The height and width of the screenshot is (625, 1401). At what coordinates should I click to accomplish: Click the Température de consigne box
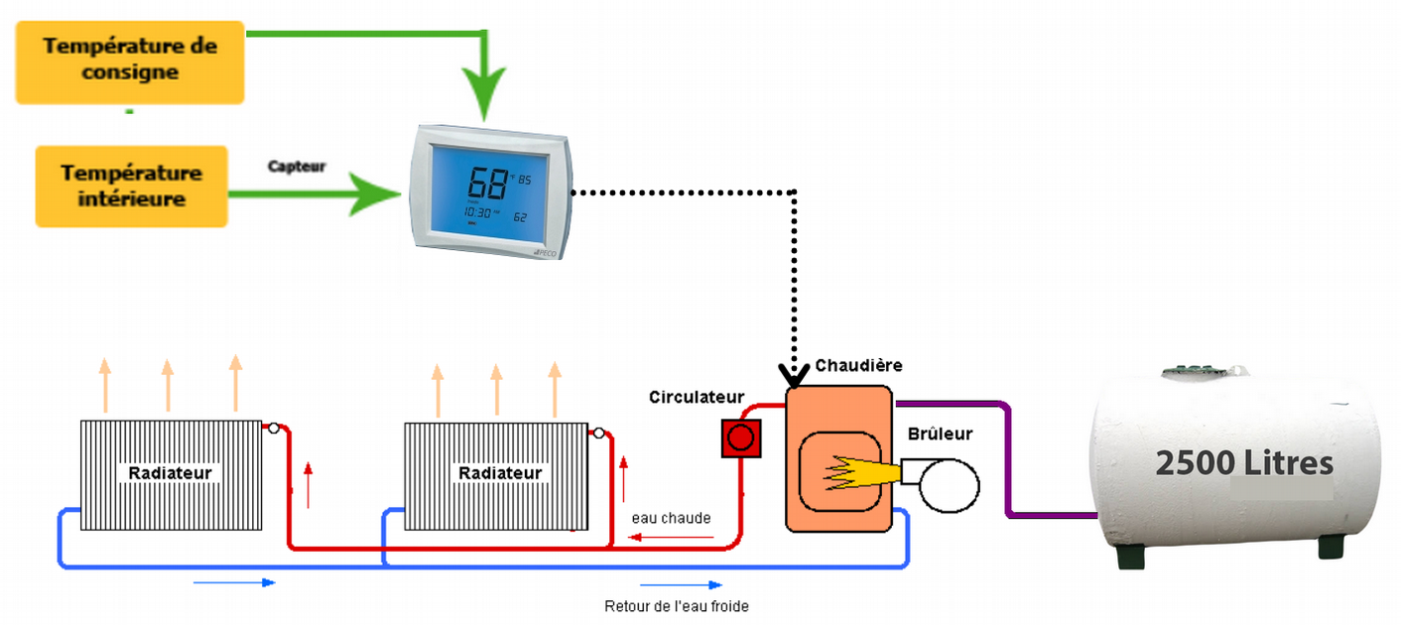point(129,61)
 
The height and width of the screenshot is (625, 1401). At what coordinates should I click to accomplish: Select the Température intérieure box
point(131,186)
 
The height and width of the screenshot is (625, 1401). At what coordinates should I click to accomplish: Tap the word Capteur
point(296,167)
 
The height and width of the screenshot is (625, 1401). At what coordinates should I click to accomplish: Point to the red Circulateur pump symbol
point(739,437)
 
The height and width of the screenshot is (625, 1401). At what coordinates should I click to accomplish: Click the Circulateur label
point(697,397)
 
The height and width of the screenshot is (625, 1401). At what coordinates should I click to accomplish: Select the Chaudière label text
point(858,365)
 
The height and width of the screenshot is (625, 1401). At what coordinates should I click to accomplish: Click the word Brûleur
point(940,434)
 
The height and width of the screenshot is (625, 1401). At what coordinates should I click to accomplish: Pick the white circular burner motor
point(949,485)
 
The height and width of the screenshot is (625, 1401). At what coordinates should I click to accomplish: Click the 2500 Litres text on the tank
point(1243,463)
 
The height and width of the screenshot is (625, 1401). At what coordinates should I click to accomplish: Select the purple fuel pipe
point(1008,466)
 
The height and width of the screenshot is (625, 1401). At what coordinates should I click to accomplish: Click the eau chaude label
point(671,518)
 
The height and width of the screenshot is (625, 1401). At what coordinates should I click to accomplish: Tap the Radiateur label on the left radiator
point(171,473)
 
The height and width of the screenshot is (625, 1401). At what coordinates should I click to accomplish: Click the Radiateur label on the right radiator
point(500,473)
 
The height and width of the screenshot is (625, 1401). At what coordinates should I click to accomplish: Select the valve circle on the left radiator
point(272,428)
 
